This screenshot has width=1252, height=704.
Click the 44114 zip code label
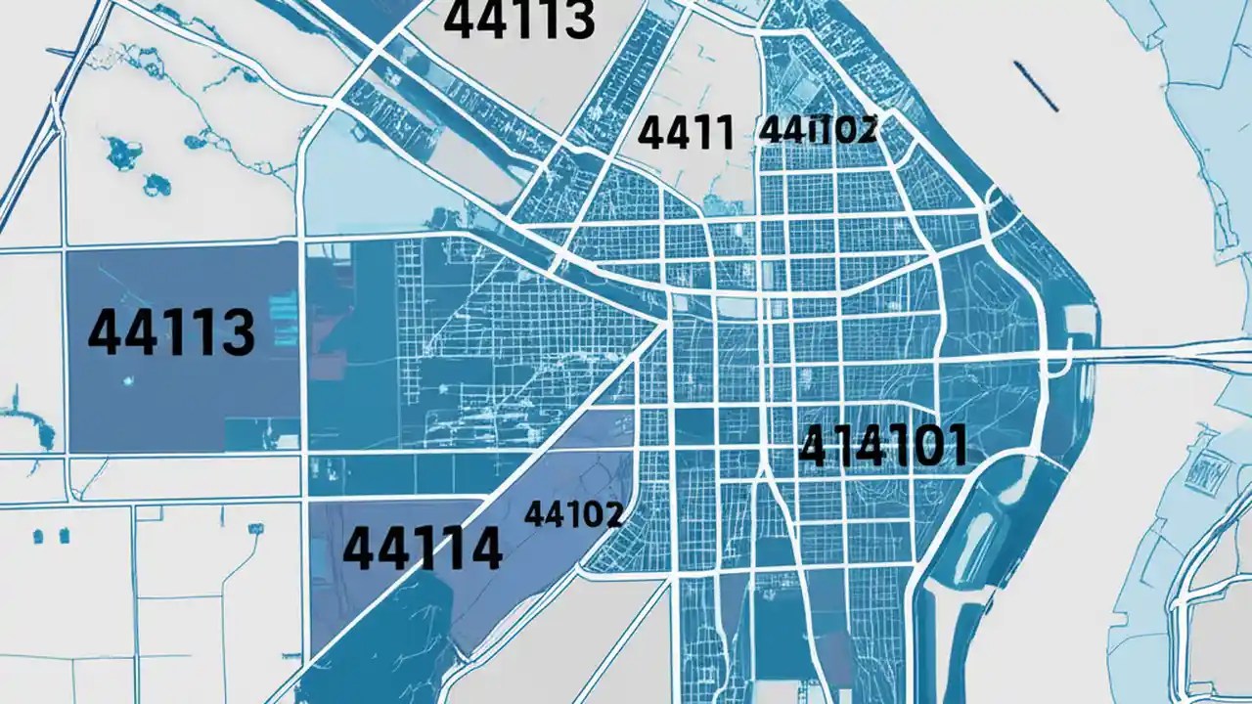423,549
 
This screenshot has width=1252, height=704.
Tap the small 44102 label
573,513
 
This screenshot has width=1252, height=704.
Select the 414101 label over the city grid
883,447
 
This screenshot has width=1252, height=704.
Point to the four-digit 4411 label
685,133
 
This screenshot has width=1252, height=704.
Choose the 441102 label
818,129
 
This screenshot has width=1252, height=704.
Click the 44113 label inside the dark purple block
171,332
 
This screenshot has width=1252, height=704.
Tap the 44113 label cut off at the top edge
518,20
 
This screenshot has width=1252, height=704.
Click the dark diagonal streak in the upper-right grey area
1036,86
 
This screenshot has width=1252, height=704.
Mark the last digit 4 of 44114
481,549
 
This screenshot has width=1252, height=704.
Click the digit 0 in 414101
924,447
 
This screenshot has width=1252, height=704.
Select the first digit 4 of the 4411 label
650,133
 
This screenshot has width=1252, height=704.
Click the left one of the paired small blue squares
38,536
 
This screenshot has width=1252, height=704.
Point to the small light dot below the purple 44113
127,378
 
